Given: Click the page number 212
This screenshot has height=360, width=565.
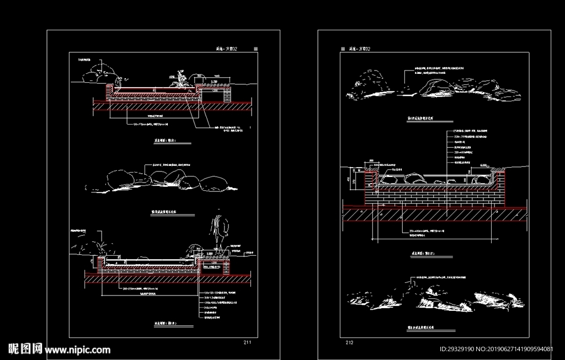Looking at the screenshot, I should tap(349, 342).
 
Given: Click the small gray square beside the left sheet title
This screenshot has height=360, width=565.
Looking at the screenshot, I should tap(255, 49).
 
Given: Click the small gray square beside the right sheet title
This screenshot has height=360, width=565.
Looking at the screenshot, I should tap(343, 49).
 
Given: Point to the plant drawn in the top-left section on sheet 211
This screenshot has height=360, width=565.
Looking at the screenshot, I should tap(180, 80).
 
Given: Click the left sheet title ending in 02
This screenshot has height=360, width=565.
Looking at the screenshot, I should tap(228, 49).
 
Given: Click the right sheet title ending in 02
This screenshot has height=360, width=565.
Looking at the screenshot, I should tap(360, 49).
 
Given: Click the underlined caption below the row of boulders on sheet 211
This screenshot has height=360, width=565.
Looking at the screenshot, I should tap(168, 211).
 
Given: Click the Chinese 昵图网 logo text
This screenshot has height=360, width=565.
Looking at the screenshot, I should tap(25, 349).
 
